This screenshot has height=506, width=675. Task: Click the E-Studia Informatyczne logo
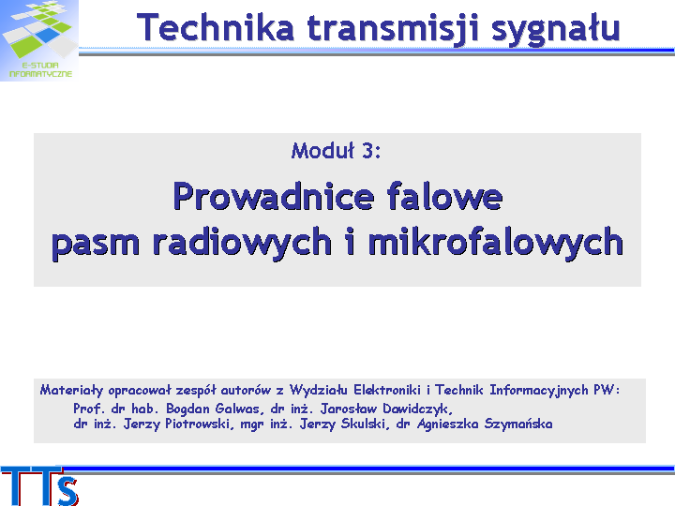pos(39,40)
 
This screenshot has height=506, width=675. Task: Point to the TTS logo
pos(39,486)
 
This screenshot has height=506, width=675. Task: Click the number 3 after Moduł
pos(367,151)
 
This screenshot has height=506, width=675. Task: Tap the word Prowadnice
pos(274,197)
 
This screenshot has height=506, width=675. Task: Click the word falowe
pos(444,196)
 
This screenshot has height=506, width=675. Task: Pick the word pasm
pos(96,244)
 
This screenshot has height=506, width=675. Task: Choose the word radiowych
pos(243,243)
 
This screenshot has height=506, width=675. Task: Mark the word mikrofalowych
pos(496,243)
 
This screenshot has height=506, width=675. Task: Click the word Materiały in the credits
pos(72,390)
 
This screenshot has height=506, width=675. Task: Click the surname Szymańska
pos(518,424)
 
